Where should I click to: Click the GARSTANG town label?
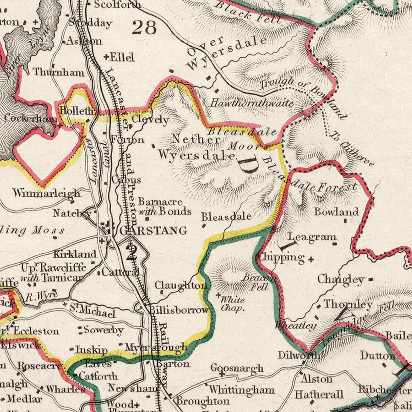click(153, 230)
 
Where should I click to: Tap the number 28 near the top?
click(144, 27)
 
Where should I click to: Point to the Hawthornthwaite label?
click(252, 103)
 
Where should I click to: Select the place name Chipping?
click(281, 257)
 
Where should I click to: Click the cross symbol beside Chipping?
click(311, 259)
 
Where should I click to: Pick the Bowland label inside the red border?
click(336, 212)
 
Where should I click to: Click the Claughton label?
click(180, 286)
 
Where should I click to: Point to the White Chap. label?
click(233, 304)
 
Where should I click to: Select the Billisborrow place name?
click(179, 310)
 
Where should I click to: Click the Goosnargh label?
click(237, 368)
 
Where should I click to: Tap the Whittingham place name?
click(242, 390)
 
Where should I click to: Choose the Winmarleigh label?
click(47, 193)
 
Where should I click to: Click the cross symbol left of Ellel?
click(106, 58)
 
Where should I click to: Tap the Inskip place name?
click(91, 350)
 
